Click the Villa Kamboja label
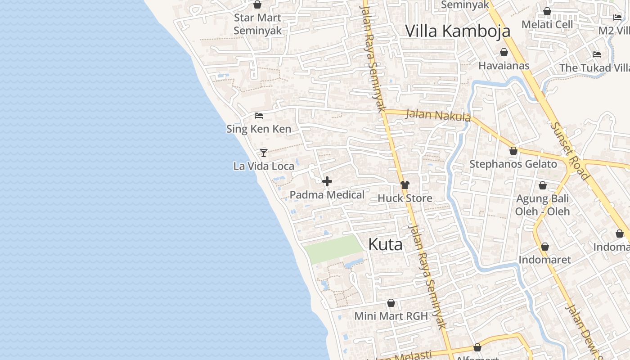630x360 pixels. point(458,31)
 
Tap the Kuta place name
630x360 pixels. point(385,244)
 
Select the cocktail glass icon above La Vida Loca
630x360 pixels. point(264,153)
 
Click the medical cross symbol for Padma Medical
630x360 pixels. point(327,181)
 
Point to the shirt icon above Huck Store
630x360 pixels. point(405,184)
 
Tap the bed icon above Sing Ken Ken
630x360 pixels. point(258,116)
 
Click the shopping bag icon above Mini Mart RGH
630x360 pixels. point(391,303)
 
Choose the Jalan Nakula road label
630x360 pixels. point(438,115)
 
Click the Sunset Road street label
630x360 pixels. point(569,151)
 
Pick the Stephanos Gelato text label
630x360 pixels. point(513,164)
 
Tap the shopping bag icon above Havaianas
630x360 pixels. point(504,52)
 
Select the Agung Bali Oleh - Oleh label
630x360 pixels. point(542,205)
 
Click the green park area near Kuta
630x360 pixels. point(333,248)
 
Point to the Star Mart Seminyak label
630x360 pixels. point(257,24)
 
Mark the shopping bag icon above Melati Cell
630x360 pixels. point(547,11)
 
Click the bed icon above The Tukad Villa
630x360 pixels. point(597,54)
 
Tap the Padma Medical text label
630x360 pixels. point(327,195)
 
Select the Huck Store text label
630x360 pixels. point(405,198)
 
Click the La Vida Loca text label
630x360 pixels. point(264,166)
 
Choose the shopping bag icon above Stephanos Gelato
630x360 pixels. point(513,151)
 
